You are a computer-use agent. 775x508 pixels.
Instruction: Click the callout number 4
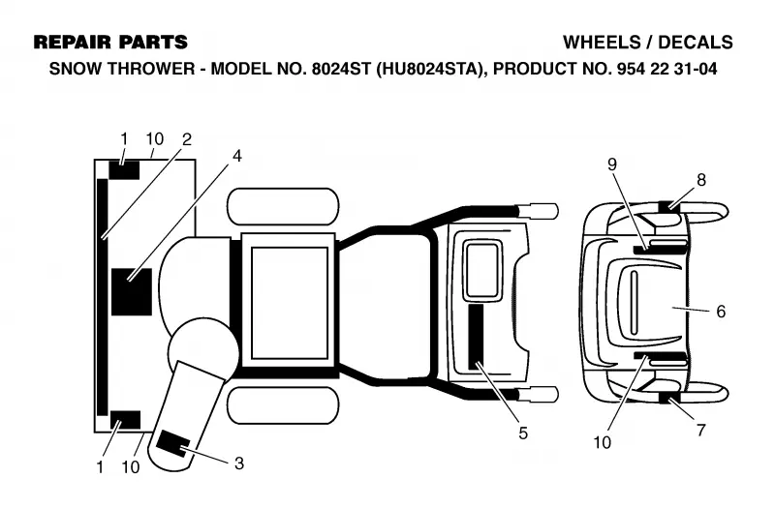pos(237,156)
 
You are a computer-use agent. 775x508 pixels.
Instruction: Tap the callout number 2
pos(186,139)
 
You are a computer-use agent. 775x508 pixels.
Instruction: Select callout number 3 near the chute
pos(239,463)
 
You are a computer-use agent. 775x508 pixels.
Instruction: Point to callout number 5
pos(523,433)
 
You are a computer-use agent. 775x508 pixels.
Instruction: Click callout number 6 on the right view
pos(721,311)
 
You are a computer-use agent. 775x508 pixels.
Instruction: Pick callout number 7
pos(700,430)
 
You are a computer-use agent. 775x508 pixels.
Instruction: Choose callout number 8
pos(701,180)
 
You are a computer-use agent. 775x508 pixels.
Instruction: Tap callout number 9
pos(612,164)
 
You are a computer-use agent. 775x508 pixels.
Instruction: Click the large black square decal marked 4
pos(131,292)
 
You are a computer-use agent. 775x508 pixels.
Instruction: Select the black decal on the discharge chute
pos(172,442)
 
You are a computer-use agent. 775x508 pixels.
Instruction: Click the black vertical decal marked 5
pos(477,337)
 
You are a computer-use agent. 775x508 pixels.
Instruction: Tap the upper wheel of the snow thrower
pos(283,206)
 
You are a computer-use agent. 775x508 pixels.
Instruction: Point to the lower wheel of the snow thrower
pos(283,405)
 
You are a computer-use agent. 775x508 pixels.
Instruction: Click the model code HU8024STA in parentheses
pos(429,69)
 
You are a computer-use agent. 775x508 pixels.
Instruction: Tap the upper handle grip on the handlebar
pos(538,211)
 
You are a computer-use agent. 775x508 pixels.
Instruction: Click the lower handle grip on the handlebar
pos(538,394)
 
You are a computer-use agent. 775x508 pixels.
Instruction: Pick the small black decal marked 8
pos(669,206)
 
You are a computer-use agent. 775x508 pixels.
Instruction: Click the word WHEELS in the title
pos(601,43)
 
